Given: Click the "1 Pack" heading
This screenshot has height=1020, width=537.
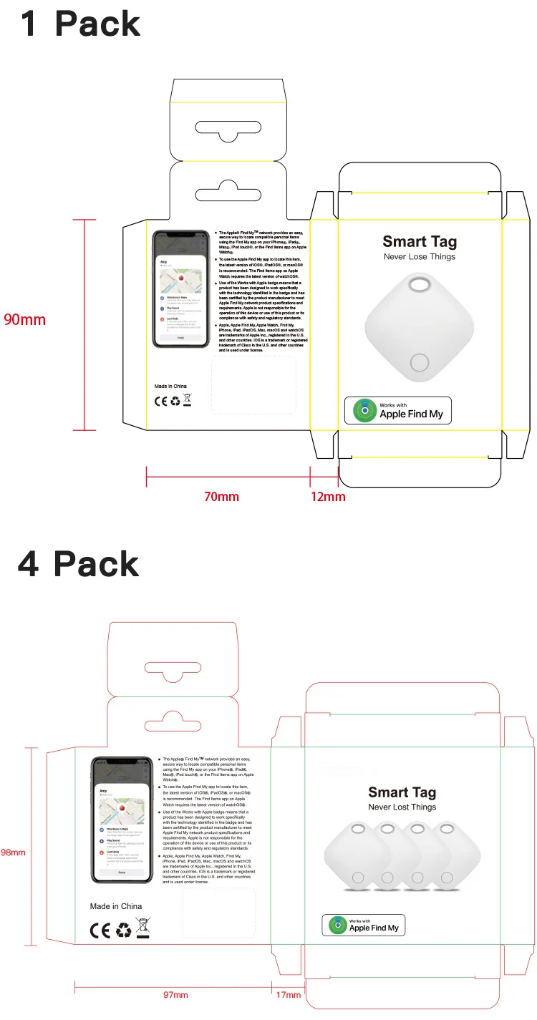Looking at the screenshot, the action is click(80, 24).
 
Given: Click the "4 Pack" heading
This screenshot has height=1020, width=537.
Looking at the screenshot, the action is click(79, 564).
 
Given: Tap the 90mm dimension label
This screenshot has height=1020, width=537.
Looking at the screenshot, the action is click(24, 319).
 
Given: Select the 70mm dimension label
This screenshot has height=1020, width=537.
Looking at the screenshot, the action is click(221, 496).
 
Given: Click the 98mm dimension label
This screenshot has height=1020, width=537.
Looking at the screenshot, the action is click(13, 852).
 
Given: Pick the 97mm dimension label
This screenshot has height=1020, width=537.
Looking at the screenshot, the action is click(175, 994).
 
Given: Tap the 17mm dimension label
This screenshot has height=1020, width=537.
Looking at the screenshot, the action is click(289, 994).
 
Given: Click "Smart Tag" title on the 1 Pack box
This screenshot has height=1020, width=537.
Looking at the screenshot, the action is click(420, 242).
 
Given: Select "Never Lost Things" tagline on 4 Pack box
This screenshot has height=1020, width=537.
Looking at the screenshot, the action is click(402, 807).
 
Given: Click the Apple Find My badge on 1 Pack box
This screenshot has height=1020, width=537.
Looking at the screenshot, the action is click(398, 410).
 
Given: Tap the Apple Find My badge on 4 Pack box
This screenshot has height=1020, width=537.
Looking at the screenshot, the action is click(364, 925).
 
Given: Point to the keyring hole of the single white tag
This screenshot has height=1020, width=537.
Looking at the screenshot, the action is click(420, 286).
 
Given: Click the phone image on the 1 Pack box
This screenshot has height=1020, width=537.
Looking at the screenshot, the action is click(181, 289).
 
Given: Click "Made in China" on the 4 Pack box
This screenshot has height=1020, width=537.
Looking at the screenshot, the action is click(116, 906).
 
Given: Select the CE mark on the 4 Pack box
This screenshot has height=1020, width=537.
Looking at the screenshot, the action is click(100, 930).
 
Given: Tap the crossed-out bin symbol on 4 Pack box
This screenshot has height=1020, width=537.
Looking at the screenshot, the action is click(143, 928).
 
